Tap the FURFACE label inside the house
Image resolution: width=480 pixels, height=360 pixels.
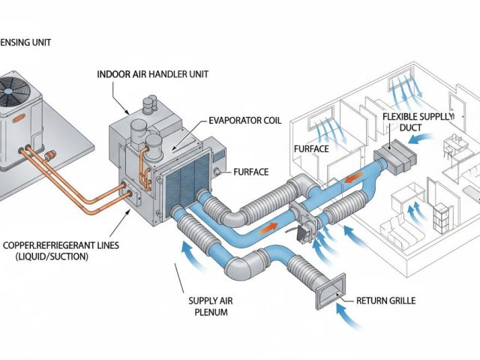point(310,149)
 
